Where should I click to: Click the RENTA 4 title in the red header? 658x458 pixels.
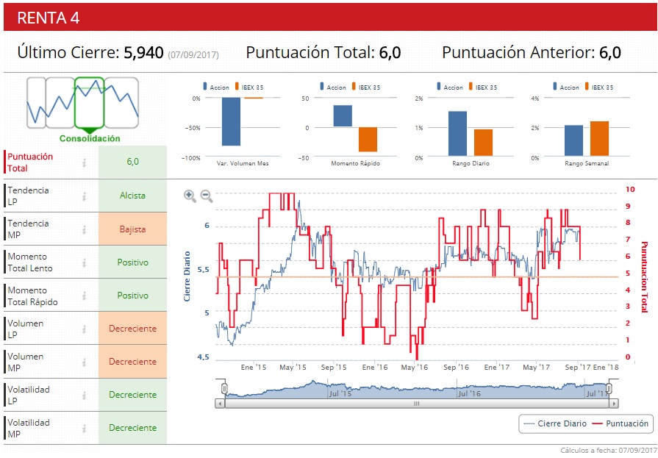(x=49, y=18)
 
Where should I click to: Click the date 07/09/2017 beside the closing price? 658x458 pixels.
(x=193, y=54)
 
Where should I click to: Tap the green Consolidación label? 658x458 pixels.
(x=90, y=138)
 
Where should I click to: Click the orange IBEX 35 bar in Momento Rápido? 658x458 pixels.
(x=368, y=139)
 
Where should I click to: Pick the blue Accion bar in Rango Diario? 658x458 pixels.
(x=457, y=134)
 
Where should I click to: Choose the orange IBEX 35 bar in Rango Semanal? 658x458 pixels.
(x=599, y=138)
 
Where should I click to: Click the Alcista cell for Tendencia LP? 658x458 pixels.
(x=132, y=196)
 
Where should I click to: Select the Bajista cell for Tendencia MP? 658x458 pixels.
(x=132, y=229)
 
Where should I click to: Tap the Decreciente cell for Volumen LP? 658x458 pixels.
(x=132, y=329)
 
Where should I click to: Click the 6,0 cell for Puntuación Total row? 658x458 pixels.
(x=132, y=162)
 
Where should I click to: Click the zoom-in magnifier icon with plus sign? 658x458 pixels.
(x=190, y=196)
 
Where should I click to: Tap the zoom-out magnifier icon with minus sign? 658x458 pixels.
(x=207, y=196)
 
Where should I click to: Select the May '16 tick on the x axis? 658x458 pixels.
(x=415, y=367)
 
